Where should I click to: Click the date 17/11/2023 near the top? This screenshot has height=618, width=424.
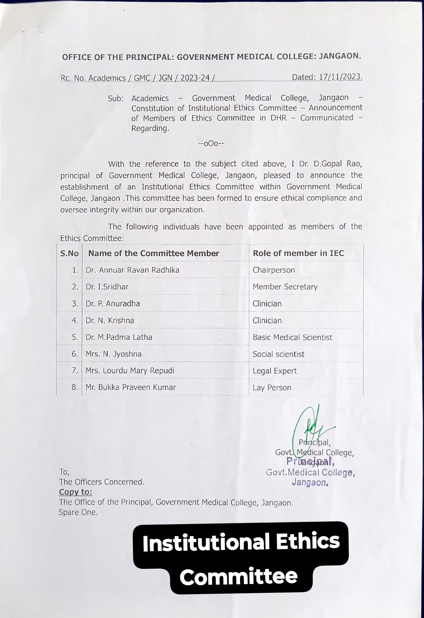pyautogui.click(x=341, y=77)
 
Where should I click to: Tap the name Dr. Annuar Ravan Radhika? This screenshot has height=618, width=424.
pyautogui.click(x=133, y=270)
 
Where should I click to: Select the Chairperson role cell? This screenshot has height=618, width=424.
pyautogui.click(x=274, y=270)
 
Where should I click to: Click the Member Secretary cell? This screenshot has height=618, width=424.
pyautogui.click(x=285, y=287)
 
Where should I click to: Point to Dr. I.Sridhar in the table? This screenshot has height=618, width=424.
pyautogui.click(x=107, y=287)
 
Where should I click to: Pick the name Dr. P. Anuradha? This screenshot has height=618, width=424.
pyautogui.click(x=113, y=304)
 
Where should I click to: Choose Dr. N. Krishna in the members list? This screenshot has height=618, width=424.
pyautogui.click(x=110, y=321)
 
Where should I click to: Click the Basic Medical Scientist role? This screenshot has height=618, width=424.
pyautogui.click(x=292, y=337)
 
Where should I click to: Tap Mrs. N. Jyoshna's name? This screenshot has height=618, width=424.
pyautogui.click(x=114, y=354)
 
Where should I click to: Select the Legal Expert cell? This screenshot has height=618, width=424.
pyautogui.click(x=274, y=371)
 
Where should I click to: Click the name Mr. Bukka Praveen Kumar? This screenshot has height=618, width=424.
pyautogui.click(x=131, y=387)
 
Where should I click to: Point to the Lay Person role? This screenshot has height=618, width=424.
pyautogui.click(x=272, y=388)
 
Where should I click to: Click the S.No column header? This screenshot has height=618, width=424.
pyautogui.click(x=69, y=253)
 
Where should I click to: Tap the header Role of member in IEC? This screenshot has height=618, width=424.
pyautogui.click(x=298, y=253)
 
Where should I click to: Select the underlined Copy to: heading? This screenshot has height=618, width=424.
pyautogui.click(x=75, y=492)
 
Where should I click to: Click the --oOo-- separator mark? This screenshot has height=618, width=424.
pyautogui.click(x=211, y=144)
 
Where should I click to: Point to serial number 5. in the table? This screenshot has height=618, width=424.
pyautogui.click(x=75, y=337)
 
